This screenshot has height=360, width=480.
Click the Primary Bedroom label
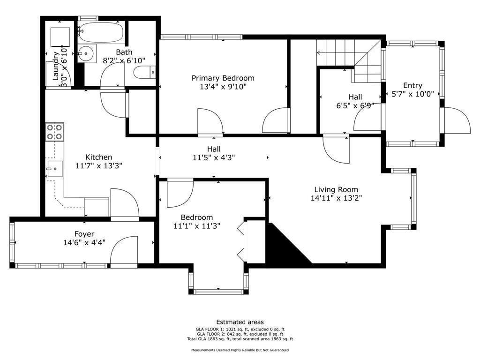tap(223, 78)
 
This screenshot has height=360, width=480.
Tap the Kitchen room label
tap(98, 157)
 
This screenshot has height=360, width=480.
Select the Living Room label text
tap(336, 190)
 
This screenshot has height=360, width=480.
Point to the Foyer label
tap(84, 234)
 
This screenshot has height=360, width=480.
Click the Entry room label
tap(412, 85)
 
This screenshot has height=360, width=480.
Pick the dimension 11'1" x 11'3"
tap(197, 226)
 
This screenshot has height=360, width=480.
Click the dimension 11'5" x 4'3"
tap(214, 158)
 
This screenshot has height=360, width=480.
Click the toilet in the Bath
tap(144, 72)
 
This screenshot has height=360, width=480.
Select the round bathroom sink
tap(86, 53)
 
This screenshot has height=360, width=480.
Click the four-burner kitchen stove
tap(54, 132)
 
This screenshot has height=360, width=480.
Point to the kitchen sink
tap(54, 169)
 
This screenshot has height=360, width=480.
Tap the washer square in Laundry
tap(60, 37)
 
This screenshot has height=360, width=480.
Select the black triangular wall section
tap(288, 243)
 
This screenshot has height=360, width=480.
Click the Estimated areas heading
tap(240, 322)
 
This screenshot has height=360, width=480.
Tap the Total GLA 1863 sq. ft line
tap(240, 339)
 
